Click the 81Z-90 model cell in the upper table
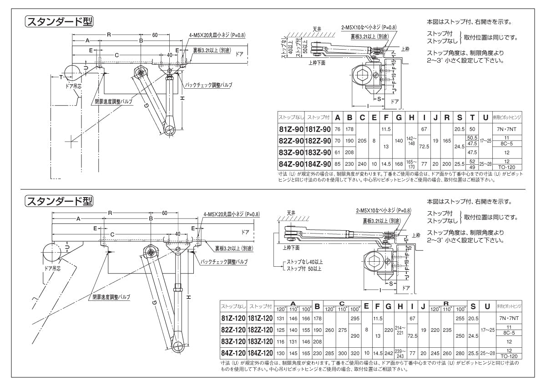(291, 129)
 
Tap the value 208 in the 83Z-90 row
(350, 152)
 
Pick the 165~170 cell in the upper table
(411, 163)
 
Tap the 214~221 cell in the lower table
(400, 330)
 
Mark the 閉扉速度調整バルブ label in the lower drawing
(111, 297)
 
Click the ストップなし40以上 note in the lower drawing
(303, 262)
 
